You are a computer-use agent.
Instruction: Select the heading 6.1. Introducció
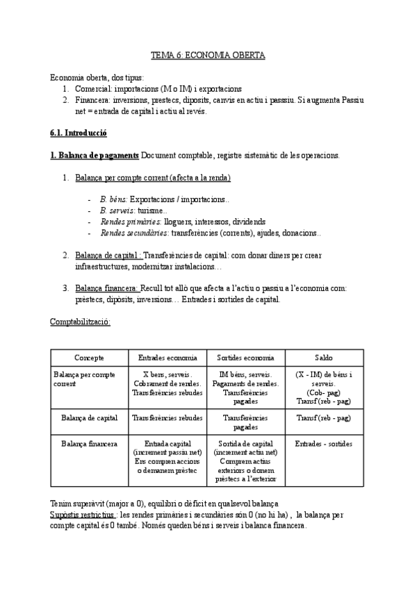79,132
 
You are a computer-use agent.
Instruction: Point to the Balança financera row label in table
89,443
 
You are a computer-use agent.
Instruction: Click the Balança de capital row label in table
89,418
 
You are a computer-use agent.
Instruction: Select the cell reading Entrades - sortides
323,443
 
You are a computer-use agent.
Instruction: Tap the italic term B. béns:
114,199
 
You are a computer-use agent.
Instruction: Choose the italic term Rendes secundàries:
135,232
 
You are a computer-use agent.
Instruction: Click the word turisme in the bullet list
151,210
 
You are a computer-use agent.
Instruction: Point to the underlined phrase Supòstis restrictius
82,515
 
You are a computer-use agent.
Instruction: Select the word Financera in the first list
91,100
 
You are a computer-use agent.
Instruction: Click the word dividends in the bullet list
254,221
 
